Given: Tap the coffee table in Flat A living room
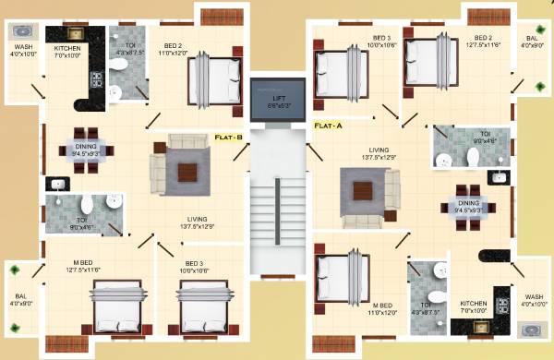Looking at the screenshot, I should (360, 189).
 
